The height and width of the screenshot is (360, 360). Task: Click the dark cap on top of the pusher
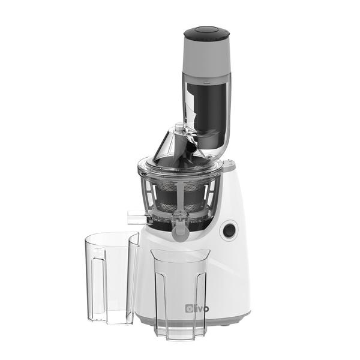(x=206, y=33)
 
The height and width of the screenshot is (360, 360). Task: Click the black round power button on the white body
(x=228, y=230)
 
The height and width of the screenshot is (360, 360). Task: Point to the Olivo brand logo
(x=197, y=308)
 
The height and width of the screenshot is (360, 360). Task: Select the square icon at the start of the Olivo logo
(x=189, y=308)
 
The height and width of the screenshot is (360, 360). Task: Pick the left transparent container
(x=112, y=278)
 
